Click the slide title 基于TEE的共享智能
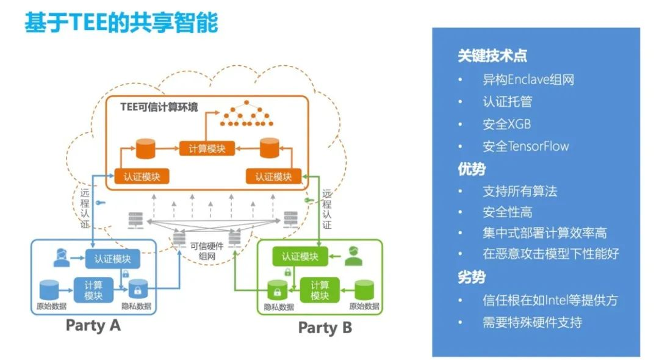pyautogui.click(x=121, y=22)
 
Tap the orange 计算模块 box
pyautogui.click(x=207, y=148)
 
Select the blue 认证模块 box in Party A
pyautogui.click(x=113, y=259)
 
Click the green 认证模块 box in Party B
pyautogui.click(x=300, y=256)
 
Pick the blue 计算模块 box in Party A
pyautogui.click(x=93, y=290)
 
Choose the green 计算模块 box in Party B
pyautogui.click(x=319, y=290)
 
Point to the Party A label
pyautogui.click(x=93, y=325)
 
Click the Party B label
pyautogui.click(x=325, y=327)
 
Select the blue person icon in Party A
pyautogui.click(x=62, y=257)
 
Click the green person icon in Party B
pyautogui.click(x=353, y=256)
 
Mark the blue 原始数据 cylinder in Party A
pyautogui.click(x=49, y=290)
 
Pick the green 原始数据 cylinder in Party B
pyautogui.click(x=364, y=290)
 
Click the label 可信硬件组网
pyautogui.click(x=207, y=251)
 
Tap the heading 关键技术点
pyautogui.click(x=492, y=56)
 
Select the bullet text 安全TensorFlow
pyautogui.click(x=525, y=146)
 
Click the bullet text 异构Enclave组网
pyautogui.click(x=528, y=79)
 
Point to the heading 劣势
pyautogui.click(x=472, y=277)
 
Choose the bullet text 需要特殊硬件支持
pyautogui.click(x=532, y=322)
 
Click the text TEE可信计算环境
pyautogui.click(x=159, y=107)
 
